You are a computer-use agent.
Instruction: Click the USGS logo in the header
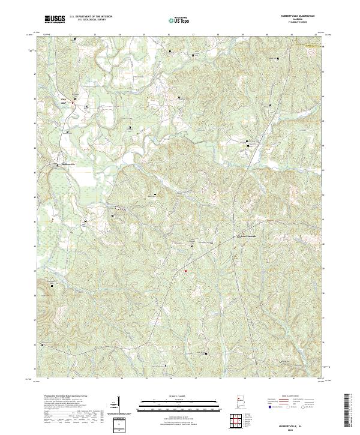(54, 19)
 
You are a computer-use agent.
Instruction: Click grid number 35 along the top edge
(144, 35)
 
